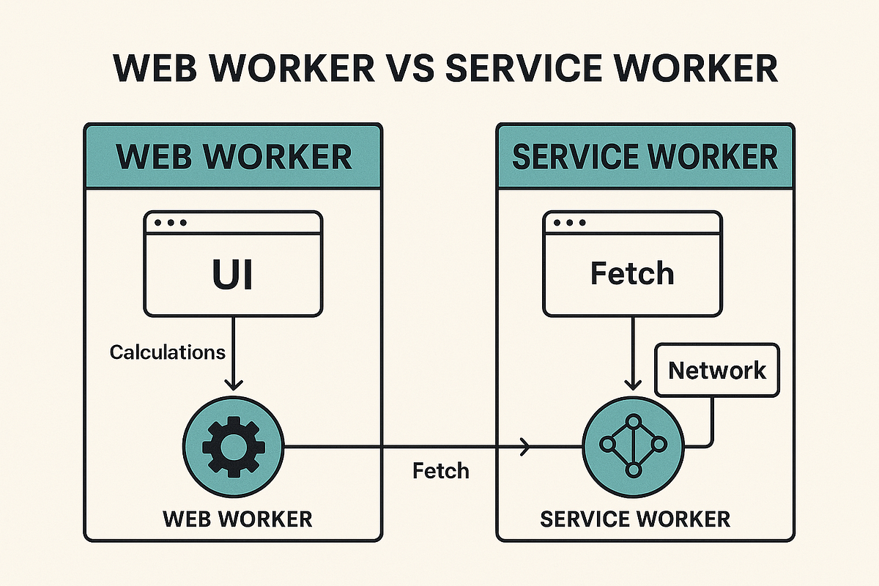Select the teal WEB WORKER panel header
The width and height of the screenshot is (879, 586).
coord(234,157)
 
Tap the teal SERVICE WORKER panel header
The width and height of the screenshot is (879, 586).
coord(645,157)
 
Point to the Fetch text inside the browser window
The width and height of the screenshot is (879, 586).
coord(631,274)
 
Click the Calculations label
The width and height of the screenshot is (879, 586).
coord(168,352)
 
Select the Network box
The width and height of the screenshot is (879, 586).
coord(717,370)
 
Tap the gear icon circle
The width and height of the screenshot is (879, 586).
coord(233,445)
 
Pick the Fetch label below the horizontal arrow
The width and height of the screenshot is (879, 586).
coord(440,470)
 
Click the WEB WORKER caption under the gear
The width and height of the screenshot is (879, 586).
coord(237,519)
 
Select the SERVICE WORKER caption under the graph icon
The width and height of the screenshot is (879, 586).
coord(634,519)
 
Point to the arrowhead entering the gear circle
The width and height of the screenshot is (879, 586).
coord(233,383)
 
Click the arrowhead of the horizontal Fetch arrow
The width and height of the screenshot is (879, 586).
coord(524,445)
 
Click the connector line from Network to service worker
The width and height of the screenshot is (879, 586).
coord(712,425)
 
